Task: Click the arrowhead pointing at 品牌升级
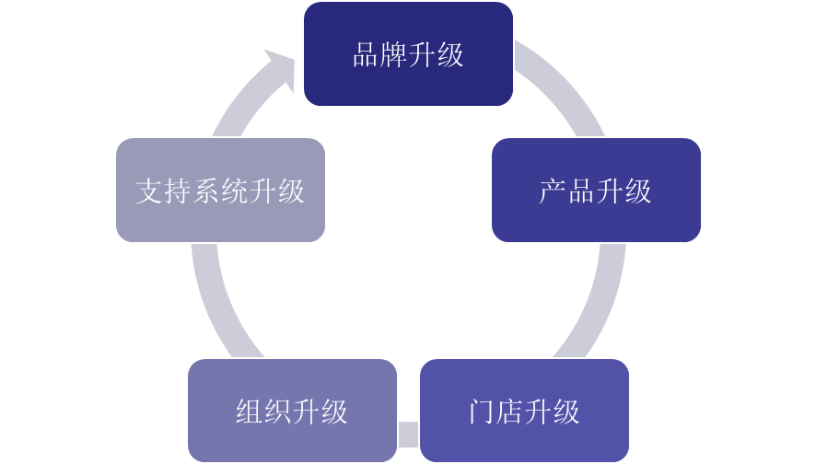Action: click(x=281, y=69)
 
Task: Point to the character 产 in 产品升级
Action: click(x=553, y=191)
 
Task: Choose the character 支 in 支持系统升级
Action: click(x=149, y=191)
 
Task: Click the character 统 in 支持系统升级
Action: click(x=235, y=191)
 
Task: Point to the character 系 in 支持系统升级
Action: click(x=206, y=191)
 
